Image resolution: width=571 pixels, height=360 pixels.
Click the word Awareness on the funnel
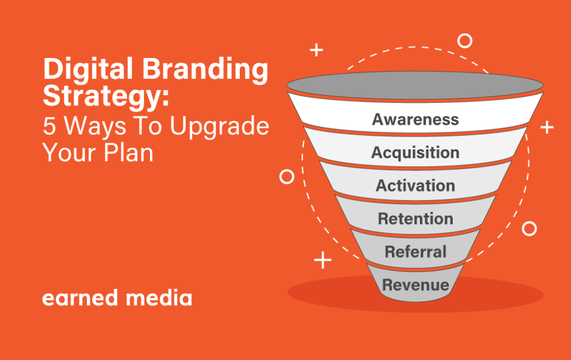pyautogui.click(x=415, y=119)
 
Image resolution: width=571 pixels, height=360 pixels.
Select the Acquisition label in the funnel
pyautogui.click(x=415, y=153)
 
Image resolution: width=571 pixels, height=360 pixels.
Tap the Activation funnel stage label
pyautogui.click(x=415, y=186)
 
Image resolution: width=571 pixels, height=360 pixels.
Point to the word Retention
pyautogui.click(x=415, y=219)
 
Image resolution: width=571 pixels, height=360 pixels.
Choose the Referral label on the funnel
pyautogui.click(x=415, y=252)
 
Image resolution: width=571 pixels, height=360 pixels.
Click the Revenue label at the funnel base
pyautogui.click(x=415, y=285)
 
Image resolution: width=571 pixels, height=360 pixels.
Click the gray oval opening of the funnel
pyautogui.click(x=415, y=85)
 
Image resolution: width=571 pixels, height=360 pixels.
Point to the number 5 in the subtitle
pyautogui.click(x=49, y=127)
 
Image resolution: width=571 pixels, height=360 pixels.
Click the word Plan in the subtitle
pyautogui.click(x=129, y=153)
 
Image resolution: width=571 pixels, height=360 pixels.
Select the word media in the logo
pyautogui.click(x=159, y=298)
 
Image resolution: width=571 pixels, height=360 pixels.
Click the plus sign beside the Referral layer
pyautogui.click(x=323, y=260)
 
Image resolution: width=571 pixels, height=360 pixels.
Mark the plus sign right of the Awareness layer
pyautogui.click(x=547, y=128)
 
